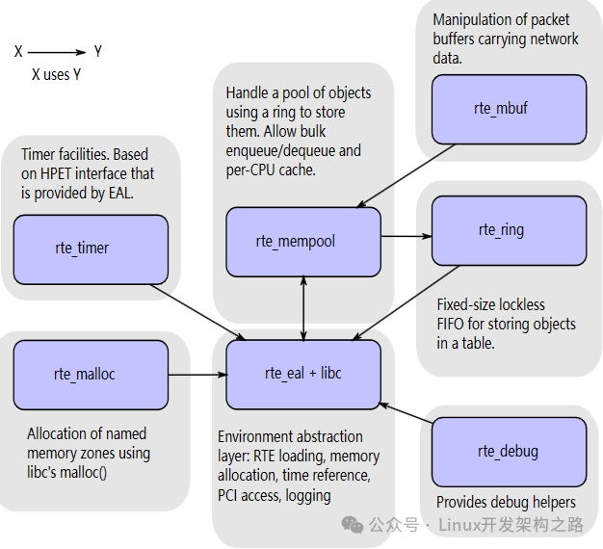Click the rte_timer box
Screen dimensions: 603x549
pyautogui.click(x=91, y=249)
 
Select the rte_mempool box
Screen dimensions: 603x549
pyautogui.click(x=303, y=242)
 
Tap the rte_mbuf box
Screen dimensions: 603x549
pyautogui.click(x=510, y=109)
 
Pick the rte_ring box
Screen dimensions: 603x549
pyautogui.click(x=510, y=230)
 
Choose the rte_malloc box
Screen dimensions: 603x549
pyautogui.click(x=91, y=375)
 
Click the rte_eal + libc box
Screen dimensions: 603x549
pyautogui.click(x=303, y=375)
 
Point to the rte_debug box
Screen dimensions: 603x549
pyautogui.click(x=510, y=452)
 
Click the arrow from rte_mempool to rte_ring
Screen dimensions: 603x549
pyautogui.click(x=406, y=236)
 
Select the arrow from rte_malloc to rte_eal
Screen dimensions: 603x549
pyautogui.click(x=197, y=375)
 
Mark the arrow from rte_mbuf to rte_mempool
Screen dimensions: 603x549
pyautogui.click(x=406, y=175)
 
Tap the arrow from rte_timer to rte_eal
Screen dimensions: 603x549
pyautogui.click(x=197, y=312)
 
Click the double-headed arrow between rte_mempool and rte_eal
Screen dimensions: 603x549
pyautogui.click(x=303, y=308)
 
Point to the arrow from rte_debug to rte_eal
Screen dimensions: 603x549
pyautogui.click(x=406, y=413)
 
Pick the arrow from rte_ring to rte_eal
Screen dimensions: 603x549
pyautogui.click(x=406, y=303)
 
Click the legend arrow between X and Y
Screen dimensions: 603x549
pyautogui.click(x=57, y=52)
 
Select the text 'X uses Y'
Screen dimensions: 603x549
pyautogui.click(x=56, y=74)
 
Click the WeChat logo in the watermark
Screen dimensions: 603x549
pyautogui.click(x=353, y=525)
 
